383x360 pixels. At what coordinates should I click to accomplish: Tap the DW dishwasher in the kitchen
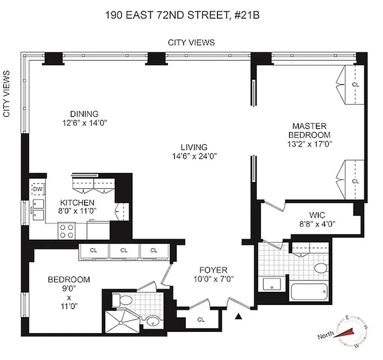[x=37, y=189]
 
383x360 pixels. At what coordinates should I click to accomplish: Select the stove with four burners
[x=67, y=231]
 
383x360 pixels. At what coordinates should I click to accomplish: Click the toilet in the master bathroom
[x=320, y=269]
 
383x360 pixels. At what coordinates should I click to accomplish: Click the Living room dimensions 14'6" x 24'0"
[x=194, y=156]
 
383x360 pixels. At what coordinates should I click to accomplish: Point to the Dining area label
[x=84, y=114]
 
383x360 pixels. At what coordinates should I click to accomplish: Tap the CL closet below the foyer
[x=201, y=319]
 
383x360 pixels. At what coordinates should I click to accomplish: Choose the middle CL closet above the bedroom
[x=124, y=250]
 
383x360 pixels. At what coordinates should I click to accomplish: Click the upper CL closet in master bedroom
[x=356, y=84]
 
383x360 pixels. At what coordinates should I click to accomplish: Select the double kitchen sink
[x=37, y=211]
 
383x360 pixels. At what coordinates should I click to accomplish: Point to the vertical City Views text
[x=7, y=94]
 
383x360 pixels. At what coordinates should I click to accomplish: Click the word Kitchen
[x=78, y=202]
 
